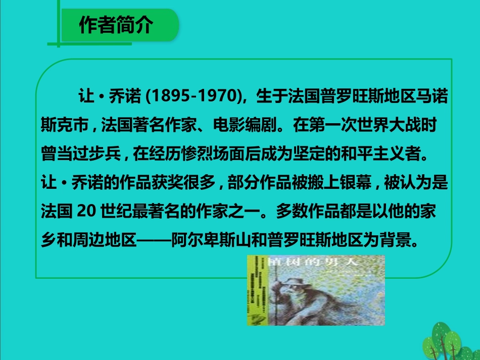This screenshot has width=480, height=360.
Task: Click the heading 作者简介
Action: pos(116,25)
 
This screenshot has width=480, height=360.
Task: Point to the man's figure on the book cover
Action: pos(313,298)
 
